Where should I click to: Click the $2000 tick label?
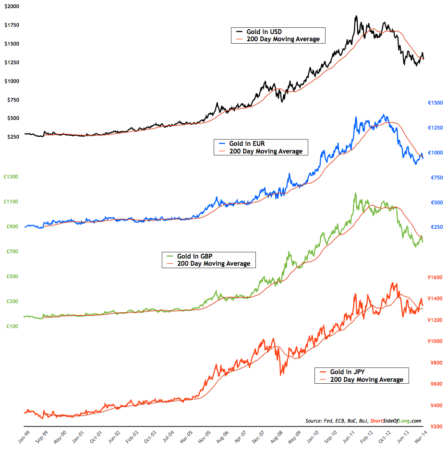pos(12,6)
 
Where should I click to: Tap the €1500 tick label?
pos(437,103)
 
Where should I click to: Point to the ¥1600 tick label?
pos(436,277)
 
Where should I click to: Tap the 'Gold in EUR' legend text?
pos(247,143)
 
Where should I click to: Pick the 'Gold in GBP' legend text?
pos(194,256)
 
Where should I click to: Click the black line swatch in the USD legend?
pos(238,32)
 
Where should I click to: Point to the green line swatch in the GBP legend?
pos(169,256)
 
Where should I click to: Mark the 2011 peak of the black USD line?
pos(356,16)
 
